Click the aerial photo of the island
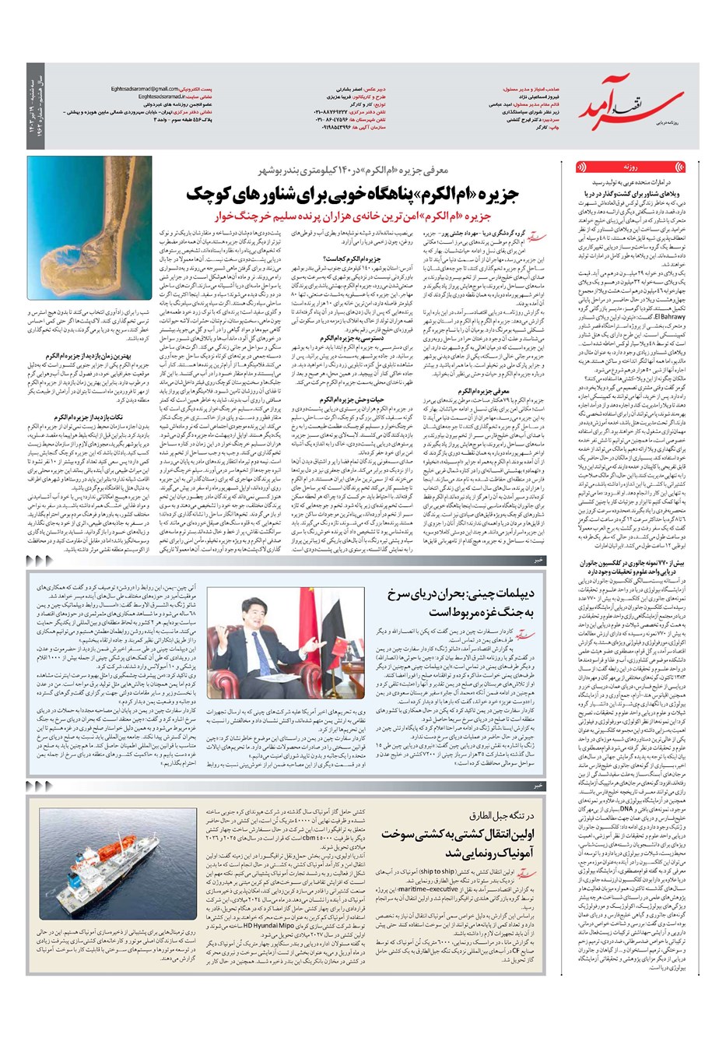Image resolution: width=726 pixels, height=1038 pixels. click(x=90, y=227)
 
